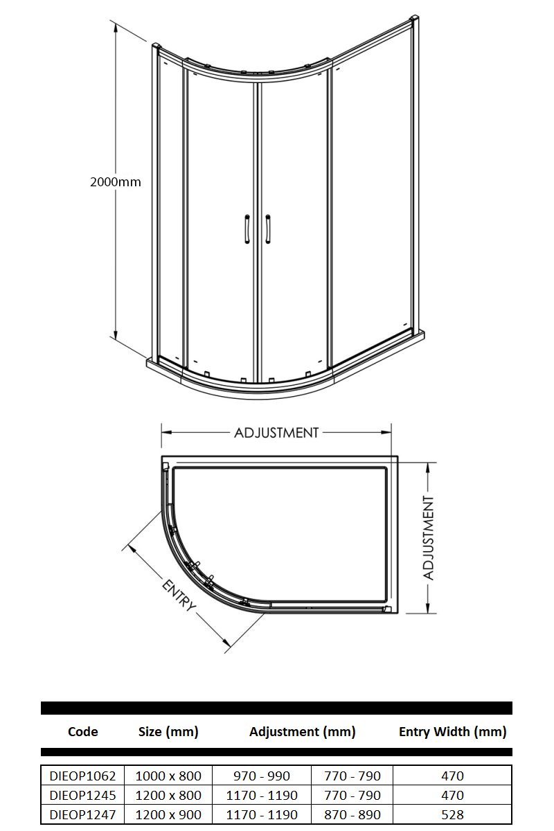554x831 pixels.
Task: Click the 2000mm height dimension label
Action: pos(116,182)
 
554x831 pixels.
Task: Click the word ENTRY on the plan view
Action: pos(179,595)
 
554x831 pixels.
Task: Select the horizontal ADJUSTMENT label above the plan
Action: pos(276,433)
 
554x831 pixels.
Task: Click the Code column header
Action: pos(82,731)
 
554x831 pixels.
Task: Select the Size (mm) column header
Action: pos(168,731)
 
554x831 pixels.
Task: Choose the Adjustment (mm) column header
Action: pos(303,731)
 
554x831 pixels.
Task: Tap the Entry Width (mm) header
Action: pos(452,731)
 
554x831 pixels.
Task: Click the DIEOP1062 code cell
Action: pos(82,776)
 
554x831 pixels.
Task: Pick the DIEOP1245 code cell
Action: pos(82,795)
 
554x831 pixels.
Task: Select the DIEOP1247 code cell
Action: pos(82,814)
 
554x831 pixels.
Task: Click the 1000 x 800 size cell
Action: pos(168,776)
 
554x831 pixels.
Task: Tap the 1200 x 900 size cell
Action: pos(168,814)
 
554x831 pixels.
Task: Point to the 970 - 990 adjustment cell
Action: pos(262,776)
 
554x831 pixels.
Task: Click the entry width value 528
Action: pos(452,814)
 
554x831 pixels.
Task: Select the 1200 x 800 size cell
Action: pos(168,795)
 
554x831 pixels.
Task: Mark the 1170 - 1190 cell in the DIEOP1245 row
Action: pos(262,795)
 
